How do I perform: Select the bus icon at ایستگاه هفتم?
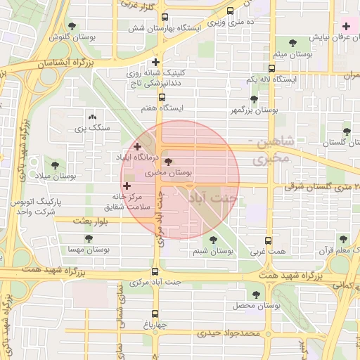162,97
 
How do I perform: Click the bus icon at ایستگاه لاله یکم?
271,68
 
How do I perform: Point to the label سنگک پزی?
92,128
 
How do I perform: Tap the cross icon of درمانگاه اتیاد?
137,146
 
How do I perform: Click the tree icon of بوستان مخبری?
167,161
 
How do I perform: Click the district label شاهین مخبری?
262,150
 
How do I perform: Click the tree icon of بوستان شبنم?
213,240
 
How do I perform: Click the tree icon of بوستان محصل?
256,295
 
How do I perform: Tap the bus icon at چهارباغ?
155,314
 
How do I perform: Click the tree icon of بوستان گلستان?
346,131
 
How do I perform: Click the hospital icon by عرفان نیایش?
346,26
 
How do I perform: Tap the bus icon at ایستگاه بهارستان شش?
165,18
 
